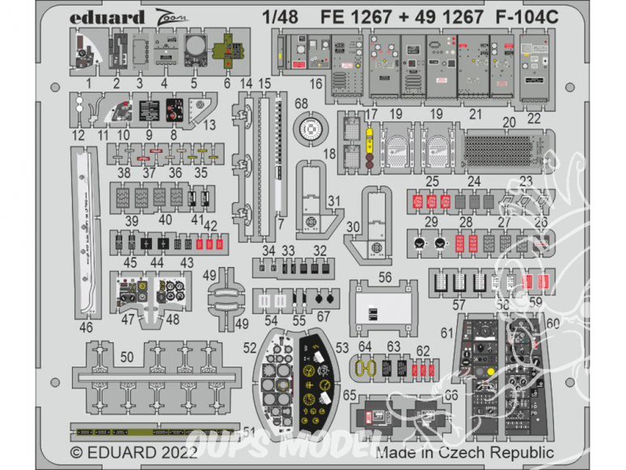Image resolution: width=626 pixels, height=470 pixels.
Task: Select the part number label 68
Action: [x=301, y=103]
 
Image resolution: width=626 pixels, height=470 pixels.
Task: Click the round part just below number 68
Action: [x=307, y=129]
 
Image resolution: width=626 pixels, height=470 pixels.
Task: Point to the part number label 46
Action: [x=87, y=327]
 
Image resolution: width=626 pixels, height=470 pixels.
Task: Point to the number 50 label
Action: [x=126, y=356]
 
